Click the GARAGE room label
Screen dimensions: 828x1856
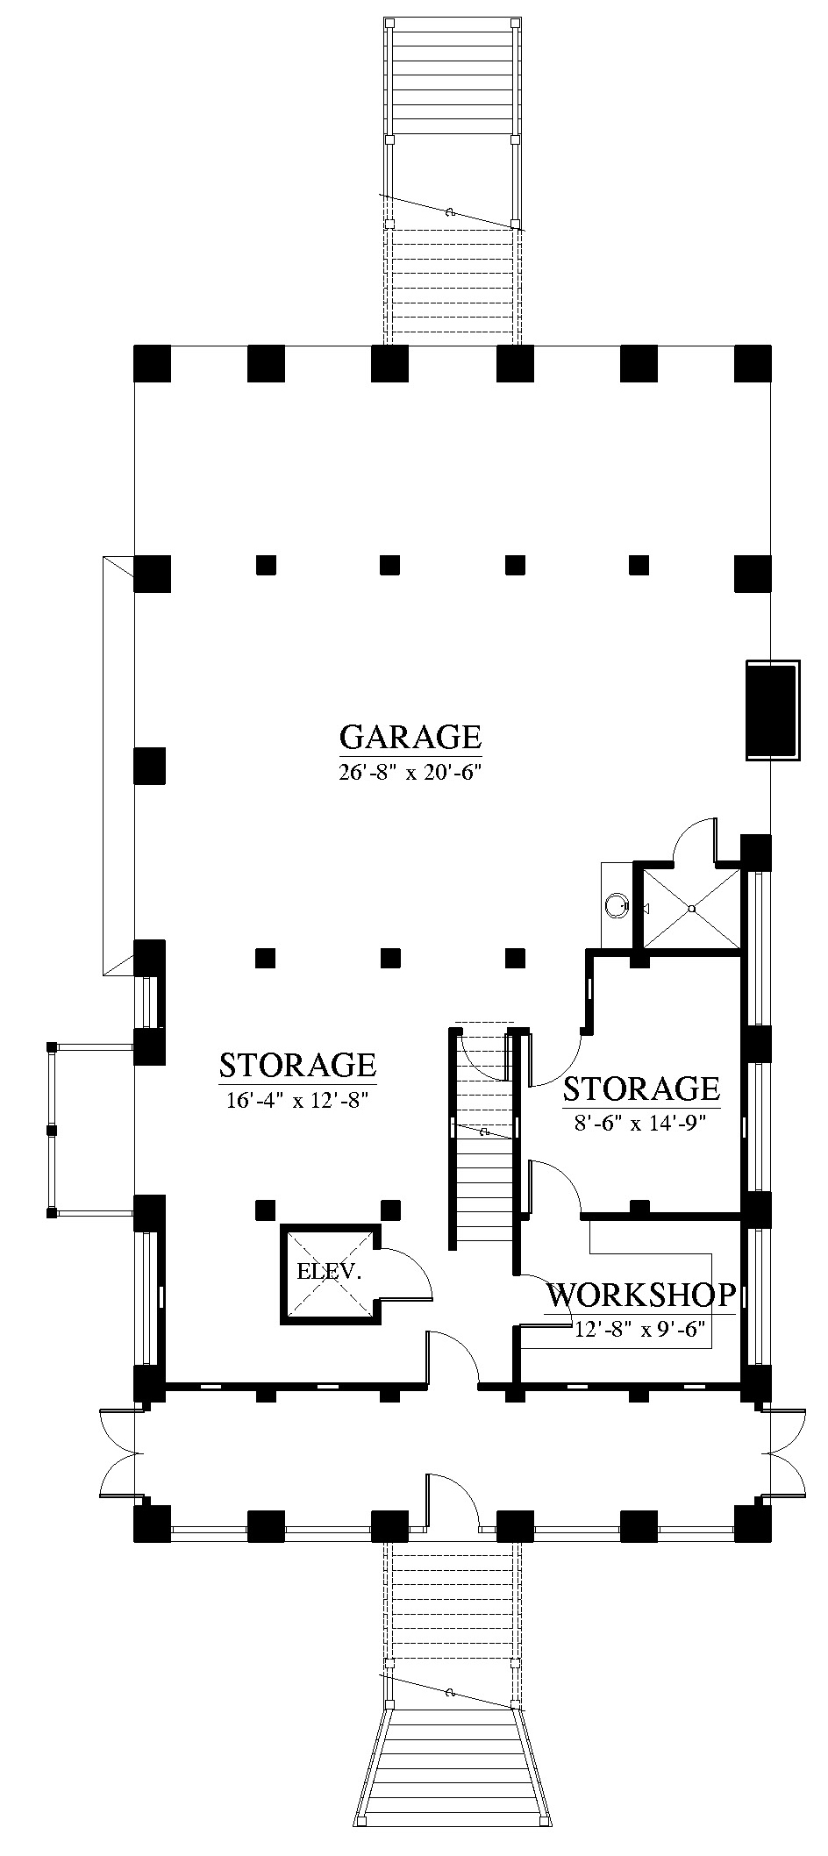(x=410, y=737)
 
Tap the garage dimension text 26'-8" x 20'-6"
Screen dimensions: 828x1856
(x=411, y=775)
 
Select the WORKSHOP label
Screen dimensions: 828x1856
(x=641, y=1295)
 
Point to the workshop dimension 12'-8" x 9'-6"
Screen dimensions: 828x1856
(x=640, y=1330)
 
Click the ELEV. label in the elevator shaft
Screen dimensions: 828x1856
(x=329, y=1271)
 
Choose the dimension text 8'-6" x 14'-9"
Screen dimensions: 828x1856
(x=641, y=1123)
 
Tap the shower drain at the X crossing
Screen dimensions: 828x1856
(x=692, y=908)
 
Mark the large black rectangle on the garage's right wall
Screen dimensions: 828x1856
(x=772, y=710)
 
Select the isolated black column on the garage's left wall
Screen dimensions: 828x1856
(x=150, y=765)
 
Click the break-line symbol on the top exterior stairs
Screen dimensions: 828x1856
(x=451, y=212)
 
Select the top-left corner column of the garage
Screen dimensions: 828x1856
(x=152, y=364)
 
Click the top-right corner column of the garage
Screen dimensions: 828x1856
(x=753, y=364)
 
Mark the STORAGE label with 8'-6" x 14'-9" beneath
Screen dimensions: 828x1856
(x=641, y=1089)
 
